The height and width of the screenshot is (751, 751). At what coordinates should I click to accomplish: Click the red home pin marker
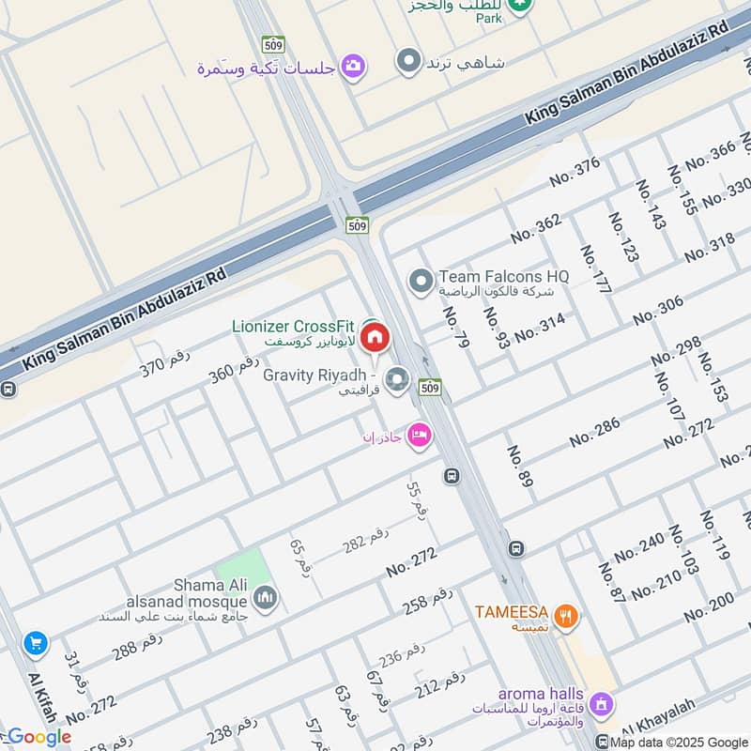(375, 337)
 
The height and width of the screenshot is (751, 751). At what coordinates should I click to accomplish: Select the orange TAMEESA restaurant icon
(564, 616)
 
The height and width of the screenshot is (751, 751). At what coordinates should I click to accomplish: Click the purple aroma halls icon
(602, 703)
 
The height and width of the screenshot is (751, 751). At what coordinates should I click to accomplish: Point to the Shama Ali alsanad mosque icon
(266, 598)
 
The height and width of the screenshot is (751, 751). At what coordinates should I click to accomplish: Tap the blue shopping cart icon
(36, 643)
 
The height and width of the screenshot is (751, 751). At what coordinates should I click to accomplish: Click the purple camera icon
(354, 66)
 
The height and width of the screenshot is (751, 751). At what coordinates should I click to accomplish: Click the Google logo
(38, 737)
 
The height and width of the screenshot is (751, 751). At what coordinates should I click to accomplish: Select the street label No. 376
(575, 172)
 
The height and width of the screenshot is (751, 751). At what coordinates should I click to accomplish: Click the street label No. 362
(536, 228)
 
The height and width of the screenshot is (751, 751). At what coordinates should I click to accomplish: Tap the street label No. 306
(658, 310)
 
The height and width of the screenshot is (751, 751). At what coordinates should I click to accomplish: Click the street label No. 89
(520, 467)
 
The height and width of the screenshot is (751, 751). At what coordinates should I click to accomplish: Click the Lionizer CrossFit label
(293, 327)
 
